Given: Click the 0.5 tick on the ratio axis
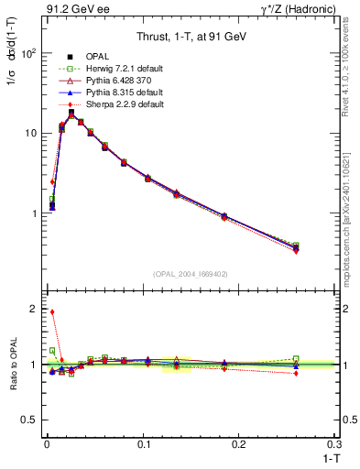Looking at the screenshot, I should click(29, 420).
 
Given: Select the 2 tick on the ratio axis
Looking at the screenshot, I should click(33, 310).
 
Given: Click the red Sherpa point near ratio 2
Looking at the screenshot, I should click(52, 312).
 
